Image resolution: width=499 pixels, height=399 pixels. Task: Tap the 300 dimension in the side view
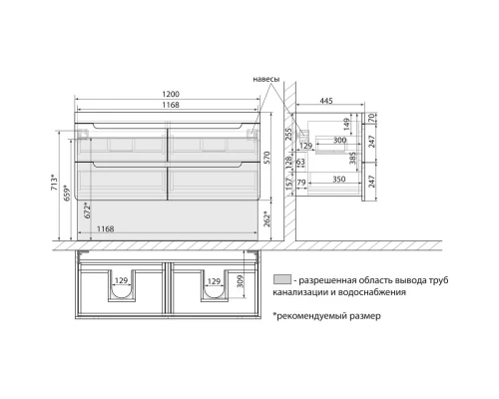pos(340,142)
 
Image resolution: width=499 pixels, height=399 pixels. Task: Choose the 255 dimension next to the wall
pos(287,132)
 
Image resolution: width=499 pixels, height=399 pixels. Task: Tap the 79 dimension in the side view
pos(300,184)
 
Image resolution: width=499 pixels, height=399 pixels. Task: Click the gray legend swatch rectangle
pos(282,279)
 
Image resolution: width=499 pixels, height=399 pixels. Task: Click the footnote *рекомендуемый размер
pos(325,316)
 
